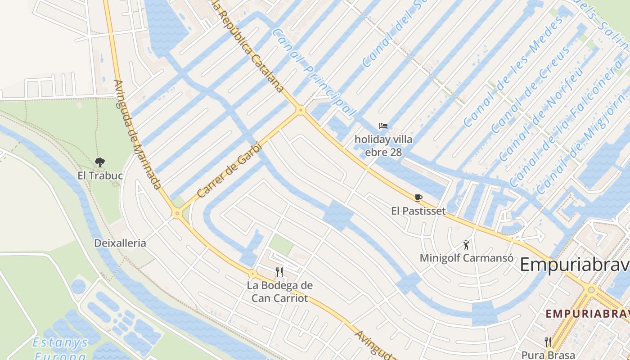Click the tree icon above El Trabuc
(x=100, y=162)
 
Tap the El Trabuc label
(x=100, y=175)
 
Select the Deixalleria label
(x=120, y=243)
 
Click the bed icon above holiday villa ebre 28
(x=383, y=126)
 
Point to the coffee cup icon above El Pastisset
(x=418, y=198)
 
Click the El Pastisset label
(x=418, y=211)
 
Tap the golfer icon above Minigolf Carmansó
(x=467, y=245)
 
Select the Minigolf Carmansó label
(x=466, y=258)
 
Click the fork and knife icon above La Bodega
(x=279, y=272)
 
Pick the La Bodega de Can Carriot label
(x=279, y=292)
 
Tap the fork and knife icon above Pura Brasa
(x=548, y=342)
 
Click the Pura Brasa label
(x=548, y=355)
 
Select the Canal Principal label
(x=314, y=73)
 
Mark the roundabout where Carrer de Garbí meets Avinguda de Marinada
(x=177, y=213)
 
